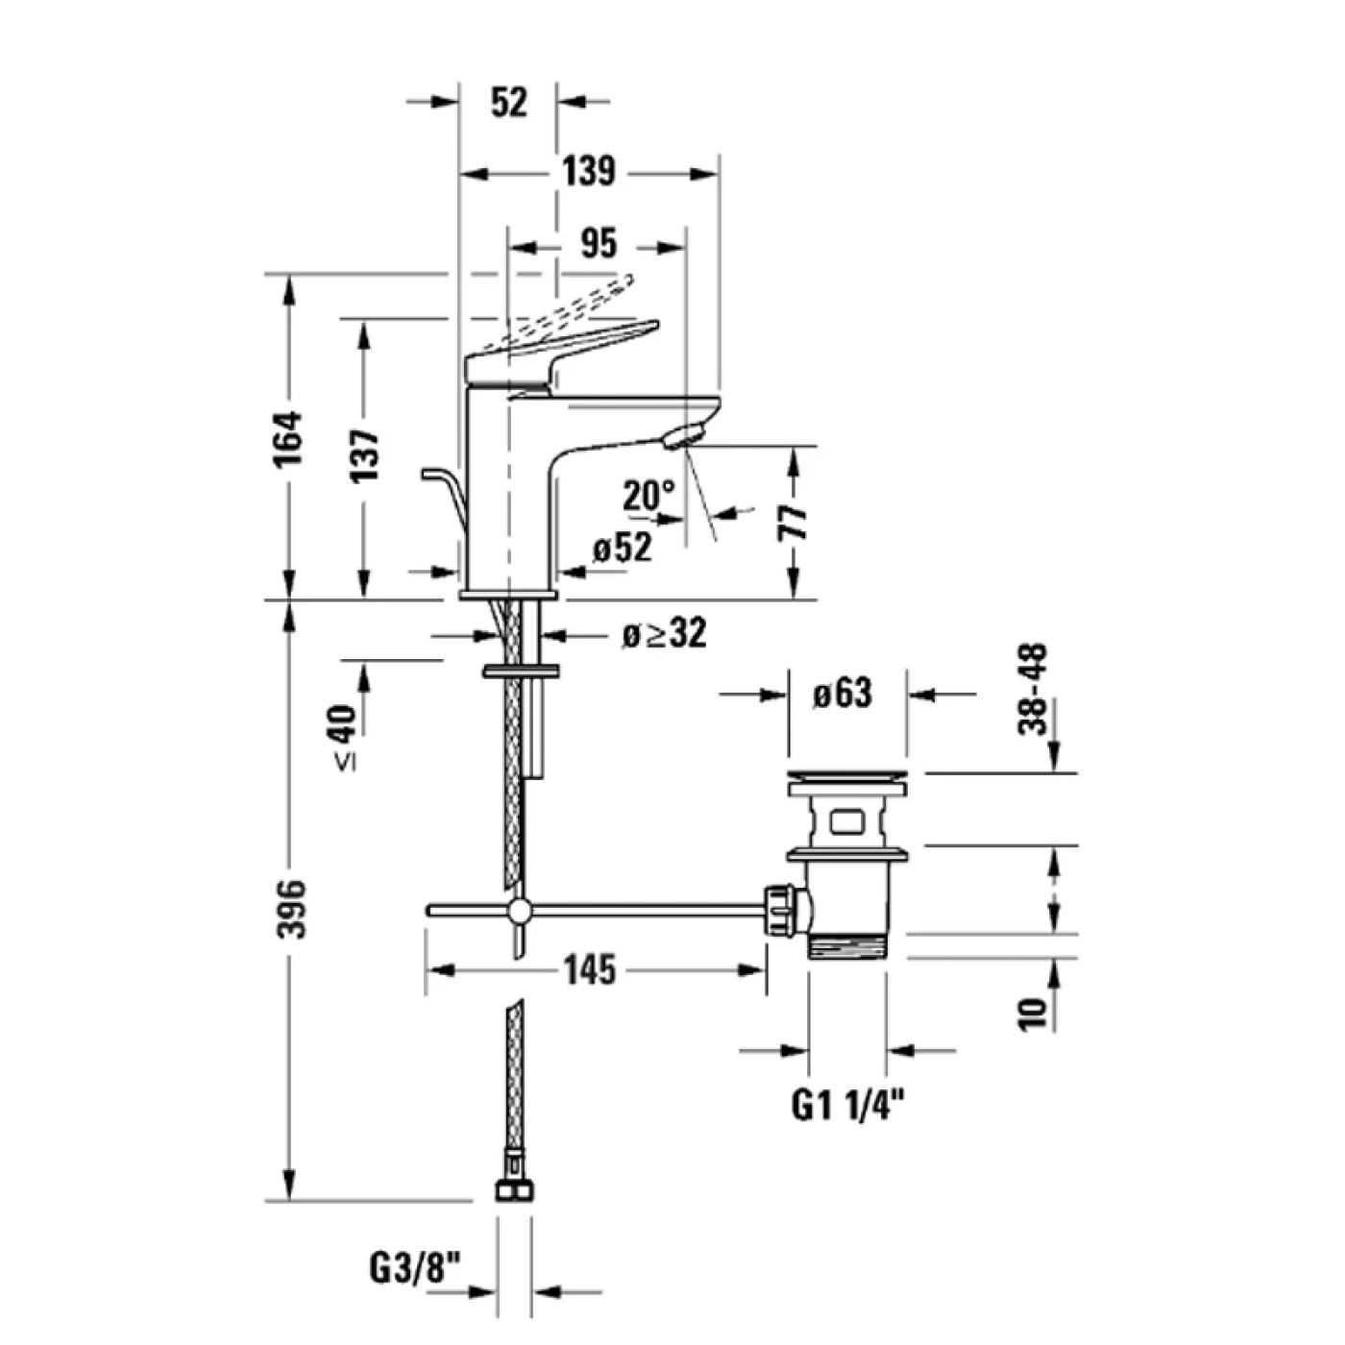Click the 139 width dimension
[588, 172]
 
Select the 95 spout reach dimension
[598, 244]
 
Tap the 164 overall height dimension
[288, 438]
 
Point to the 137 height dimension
[364, 455]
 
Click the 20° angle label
[648, 496]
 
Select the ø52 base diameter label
[622, 548]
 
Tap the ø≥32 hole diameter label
[664, 633]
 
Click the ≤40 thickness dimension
[344, 736]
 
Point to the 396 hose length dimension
[289, 908]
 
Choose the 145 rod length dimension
[589, 970]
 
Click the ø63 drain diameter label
[843, 693]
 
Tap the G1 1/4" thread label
[848, 1107]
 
